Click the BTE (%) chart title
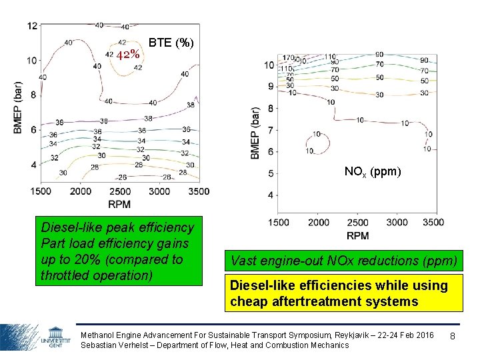(x=171, y=43)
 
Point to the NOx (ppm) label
(x=373, y=171)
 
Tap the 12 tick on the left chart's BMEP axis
(x=32, y=25)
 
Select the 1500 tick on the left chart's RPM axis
(x=41, y=191)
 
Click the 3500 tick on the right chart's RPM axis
(x=433, y=223)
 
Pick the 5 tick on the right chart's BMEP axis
(x=271, y=173)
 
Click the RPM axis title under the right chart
(x=357, y=235)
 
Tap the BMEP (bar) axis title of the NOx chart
(x=255, y=133)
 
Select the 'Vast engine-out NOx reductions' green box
(x=343, y=260)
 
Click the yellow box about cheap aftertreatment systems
(x=343, y=293)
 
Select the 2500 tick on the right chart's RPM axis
(x=357, y=223)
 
